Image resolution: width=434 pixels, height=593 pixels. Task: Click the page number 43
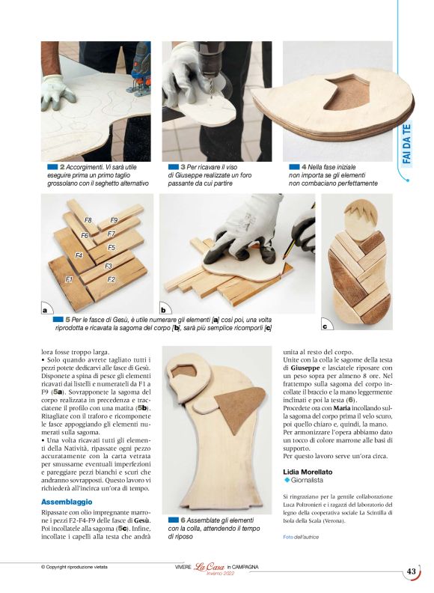tap(411, 571)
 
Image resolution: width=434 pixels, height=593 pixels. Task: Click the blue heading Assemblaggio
tap(67, 502)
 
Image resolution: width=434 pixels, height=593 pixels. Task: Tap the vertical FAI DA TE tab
tap(406, 144)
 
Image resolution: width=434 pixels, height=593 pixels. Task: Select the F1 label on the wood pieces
tap(69, 279)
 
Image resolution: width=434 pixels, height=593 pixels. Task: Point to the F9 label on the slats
tap(114, 220)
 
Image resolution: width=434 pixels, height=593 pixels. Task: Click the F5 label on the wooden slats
tap(111, 247)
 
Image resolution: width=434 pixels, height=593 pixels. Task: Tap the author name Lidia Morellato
tap(308, 472)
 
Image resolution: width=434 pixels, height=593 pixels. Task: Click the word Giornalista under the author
tap(307, 480)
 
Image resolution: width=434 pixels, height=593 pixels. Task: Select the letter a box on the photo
tap(46, 310)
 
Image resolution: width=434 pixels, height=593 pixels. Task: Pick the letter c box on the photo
tap(325, 326)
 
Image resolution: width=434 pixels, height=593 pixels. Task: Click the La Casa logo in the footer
tap(209, 567)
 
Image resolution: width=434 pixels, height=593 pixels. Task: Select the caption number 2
tap(62, 167)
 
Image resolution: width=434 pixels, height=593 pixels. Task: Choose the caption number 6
tap(183, 520)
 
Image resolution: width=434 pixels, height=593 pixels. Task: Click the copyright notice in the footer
tap(74, 567)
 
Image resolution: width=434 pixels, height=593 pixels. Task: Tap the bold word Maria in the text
tap(342, 408)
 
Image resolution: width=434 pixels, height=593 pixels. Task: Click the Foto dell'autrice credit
tap(301, 537)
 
